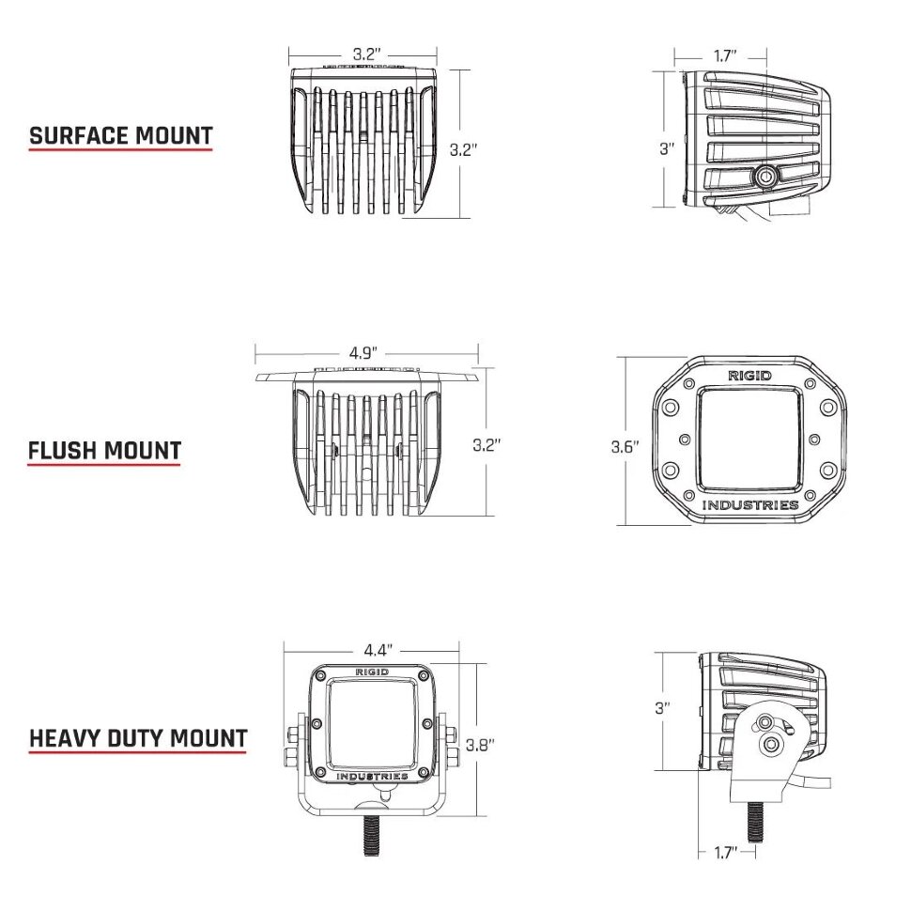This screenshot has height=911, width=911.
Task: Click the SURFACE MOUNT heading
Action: [x=121, y=136]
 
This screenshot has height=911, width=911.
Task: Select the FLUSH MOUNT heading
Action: [x=104, y=451]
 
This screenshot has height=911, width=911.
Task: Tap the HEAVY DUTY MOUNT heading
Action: [x=138, y=738]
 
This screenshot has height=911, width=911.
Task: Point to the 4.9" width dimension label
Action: [x=363, y=353]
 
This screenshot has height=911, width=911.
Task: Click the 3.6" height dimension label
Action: [x=624, y=447]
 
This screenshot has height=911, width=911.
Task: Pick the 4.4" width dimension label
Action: [x=377, y=650]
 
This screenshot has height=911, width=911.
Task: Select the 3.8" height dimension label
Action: [x=480, y=745]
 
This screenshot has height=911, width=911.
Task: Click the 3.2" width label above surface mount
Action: [x=366, y=54]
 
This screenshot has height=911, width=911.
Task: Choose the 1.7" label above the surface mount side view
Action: [x=724, y=55]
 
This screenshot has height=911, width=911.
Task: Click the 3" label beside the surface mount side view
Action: [x=667, y=148]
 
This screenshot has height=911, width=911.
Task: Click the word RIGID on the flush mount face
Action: [x=750, y=376]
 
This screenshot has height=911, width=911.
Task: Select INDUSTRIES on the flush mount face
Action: [x=750, y=505]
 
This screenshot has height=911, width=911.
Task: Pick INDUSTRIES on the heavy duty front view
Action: [x=373, y=777]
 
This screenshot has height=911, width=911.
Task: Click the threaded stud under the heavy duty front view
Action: [x=372, y=837]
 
